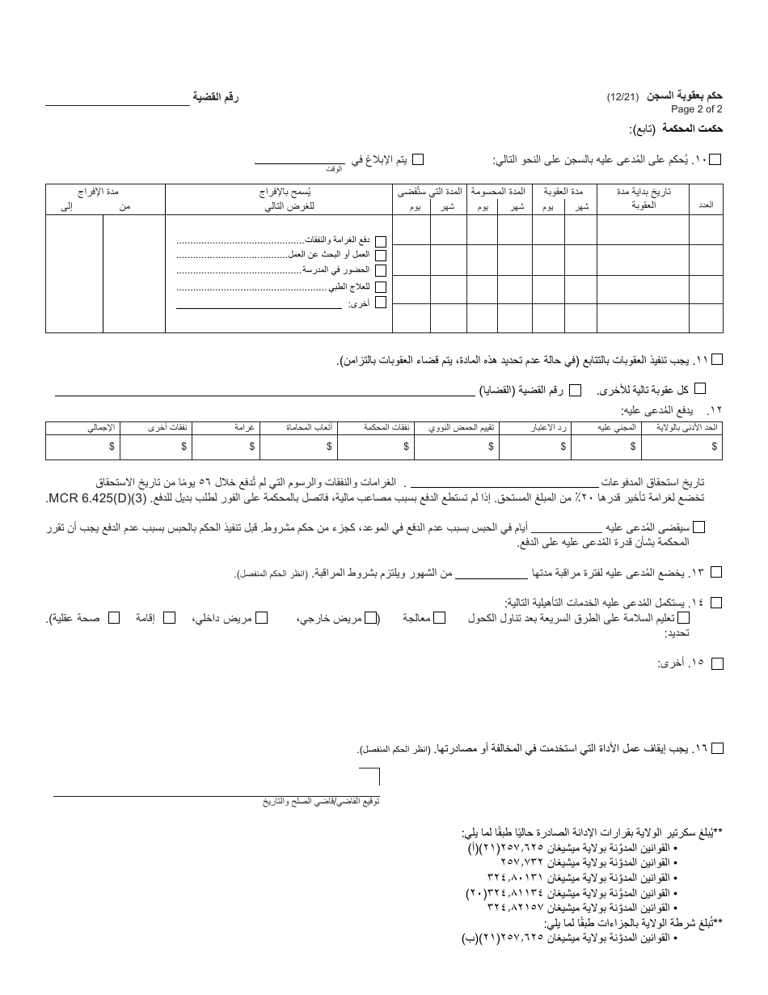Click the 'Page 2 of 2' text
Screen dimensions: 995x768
click(x=696, y=109)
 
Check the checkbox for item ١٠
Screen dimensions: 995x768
click(x=715, y=160)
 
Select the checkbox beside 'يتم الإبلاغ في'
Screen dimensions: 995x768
click(x=418, y=160)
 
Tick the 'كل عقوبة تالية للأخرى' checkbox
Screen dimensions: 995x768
click(x=700, y=389)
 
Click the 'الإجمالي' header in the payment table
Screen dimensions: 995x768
click(x=102, y=427)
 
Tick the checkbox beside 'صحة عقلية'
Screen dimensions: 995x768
click(x=114, y=618)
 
